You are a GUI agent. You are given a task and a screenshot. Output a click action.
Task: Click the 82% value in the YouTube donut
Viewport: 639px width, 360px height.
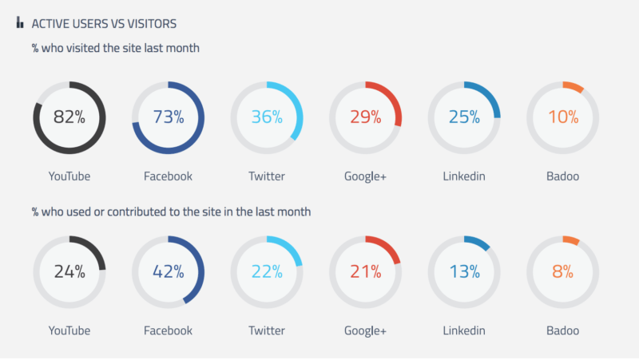69,117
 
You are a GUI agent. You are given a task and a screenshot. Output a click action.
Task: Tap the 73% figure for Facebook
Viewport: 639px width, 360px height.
169,117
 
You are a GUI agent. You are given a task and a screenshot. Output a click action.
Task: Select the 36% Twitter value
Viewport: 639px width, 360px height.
267,117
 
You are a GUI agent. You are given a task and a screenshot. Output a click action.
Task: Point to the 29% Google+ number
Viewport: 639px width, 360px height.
366,117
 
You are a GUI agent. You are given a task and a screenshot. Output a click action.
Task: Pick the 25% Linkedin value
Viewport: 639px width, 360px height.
464,117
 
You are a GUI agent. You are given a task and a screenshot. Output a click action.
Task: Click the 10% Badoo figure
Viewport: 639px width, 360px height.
563,117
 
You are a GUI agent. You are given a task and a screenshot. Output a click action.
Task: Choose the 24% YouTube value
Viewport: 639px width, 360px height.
69,271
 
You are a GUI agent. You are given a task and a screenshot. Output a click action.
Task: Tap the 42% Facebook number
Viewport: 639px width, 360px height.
169,271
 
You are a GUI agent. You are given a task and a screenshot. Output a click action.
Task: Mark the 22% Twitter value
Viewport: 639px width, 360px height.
267,271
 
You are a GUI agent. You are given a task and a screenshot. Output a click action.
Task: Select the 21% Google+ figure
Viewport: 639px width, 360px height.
366,271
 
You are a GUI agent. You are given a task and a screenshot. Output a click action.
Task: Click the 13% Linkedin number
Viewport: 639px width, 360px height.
464,271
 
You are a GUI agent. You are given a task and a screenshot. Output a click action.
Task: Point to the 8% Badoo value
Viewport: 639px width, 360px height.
563,271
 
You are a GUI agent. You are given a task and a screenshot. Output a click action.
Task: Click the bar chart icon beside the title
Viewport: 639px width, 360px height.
20,23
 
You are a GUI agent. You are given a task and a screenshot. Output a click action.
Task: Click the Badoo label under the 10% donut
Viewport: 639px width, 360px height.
563,176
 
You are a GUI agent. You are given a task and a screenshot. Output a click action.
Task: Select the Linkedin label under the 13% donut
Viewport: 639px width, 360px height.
464,330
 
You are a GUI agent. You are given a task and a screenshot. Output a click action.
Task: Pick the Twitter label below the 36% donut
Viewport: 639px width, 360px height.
267,176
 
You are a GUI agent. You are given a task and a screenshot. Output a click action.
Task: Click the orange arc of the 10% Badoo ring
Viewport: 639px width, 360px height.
574,86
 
